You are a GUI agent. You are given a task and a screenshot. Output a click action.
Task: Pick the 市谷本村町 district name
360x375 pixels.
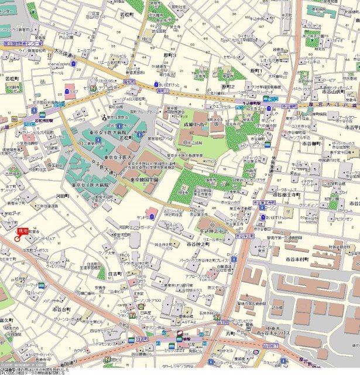tap(299, 258)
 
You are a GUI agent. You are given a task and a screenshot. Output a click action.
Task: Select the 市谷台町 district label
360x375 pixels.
tap(61, 309)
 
